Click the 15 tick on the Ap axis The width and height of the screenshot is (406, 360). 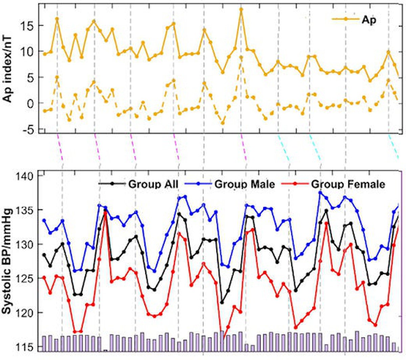(x=28, y=26)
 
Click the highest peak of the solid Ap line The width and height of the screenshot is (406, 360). (x=241, y=9)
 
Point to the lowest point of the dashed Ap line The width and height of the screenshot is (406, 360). (x=223, y=123)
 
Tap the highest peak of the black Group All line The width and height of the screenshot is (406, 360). (x=105, y=210)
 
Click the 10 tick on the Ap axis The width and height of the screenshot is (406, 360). (x=28, y=52)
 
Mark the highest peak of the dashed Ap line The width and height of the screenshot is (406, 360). (x=241, y=57)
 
